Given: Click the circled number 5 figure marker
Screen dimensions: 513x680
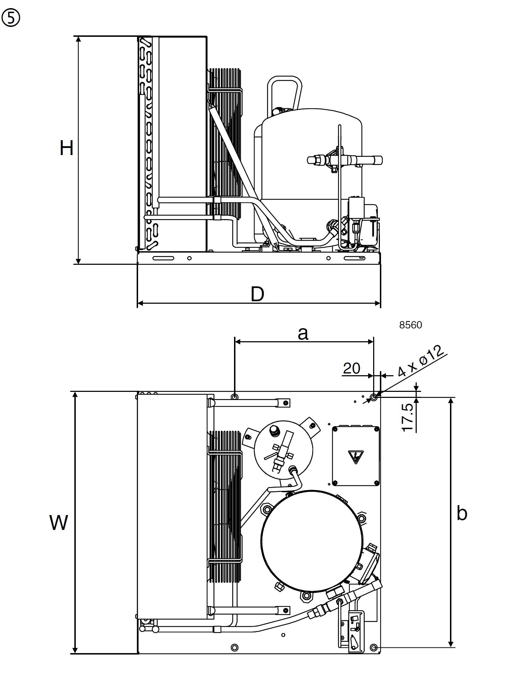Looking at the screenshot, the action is click(11, 18).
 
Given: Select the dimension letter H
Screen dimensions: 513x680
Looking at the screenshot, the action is click(67, 148).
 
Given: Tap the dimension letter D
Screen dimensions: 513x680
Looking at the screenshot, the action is click(257, 294).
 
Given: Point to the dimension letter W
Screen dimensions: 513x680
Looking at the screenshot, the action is click(59, 522).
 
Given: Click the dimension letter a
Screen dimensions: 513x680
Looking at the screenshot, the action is click(303, 334).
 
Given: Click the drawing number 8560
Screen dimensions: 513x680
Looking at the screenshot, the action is click(411, 325).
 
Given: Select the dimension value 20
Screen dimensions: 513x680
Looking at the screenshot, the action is click(352, 368).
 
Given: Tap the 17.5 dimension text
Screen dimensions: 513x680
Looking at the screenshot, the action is click(408, 418).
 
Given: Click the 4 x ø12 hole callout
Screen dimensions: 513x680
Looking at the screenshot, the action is click(421, 361).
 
